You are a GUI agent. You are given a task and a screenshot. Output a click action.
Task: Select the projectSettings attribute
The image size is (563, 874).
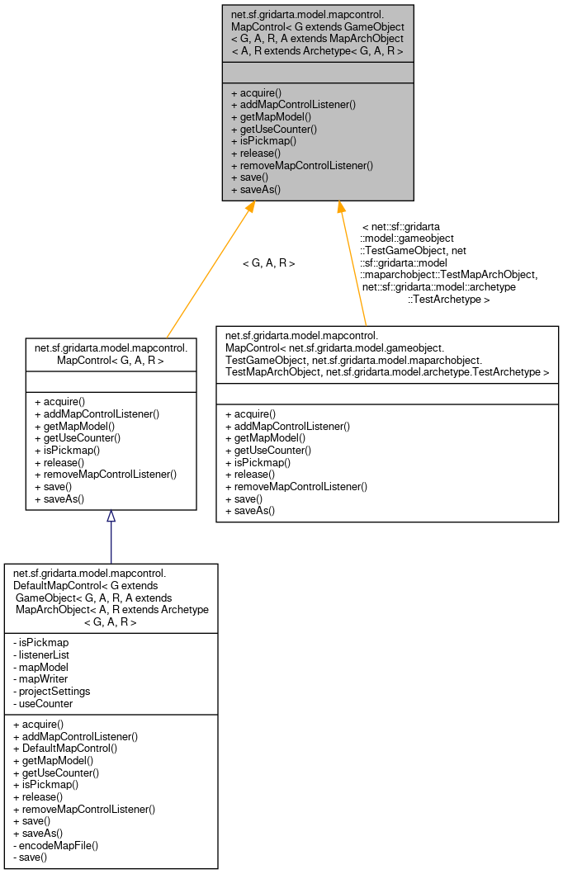coord(54,691)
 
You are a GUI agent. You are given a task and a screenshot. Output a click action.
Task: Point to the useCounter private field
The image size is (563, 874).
coord(45,703)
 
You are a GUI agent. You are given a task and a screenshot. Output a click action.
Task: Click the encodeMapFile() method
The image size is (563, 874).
coord(56,845)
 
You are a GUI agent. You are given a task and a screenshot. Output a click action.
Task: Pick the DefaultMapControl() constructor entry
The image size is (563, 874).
coord(65,748)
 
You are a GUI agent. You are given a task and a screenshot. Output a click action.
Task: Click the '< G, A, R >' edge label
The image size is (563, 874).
coord(268,263)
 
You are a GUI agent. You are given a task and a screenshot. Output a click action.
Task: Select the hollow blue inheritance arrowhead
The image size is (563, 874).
coord(111,517)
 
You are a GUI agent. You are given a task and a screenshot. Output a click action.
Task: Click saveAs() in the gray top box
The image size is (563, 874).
coord(255,189)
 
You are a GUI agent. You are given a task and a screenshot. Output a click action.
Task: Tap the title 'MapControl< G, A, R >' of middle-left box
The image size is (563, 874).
coord(110,360)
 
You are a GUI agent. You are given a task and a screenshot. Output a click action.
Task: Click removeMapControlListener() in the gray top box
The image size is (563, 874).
coord(302,165)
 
